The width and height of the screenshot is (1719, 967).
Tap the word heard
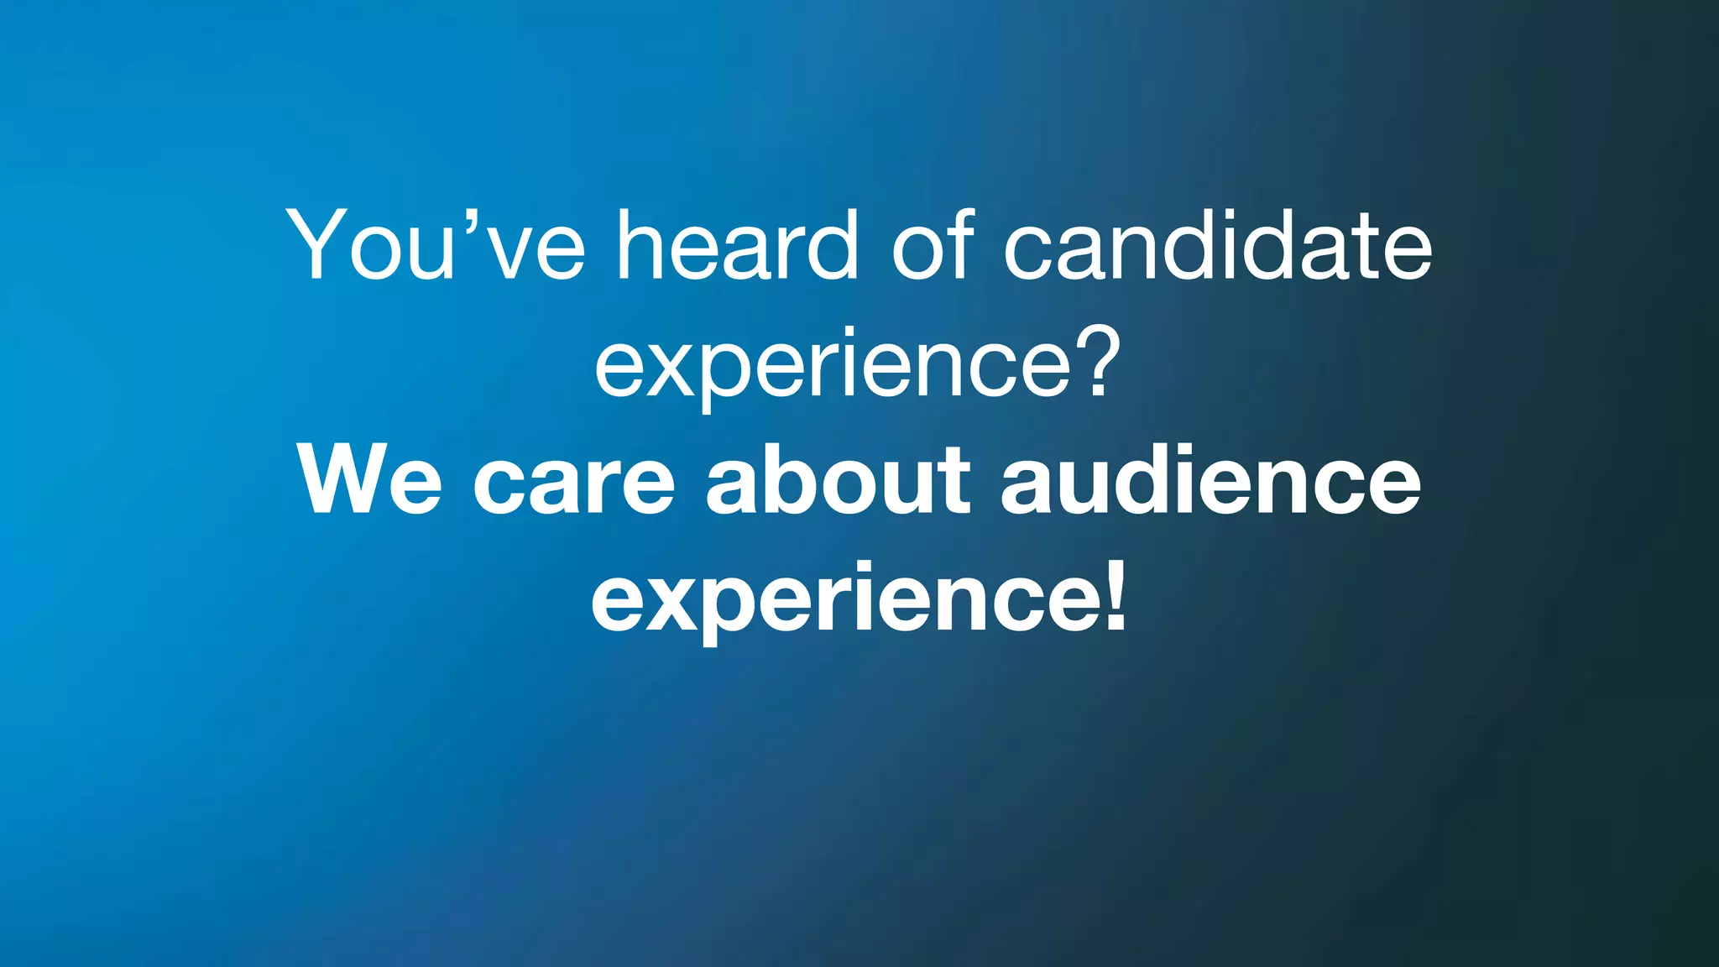[738, 245]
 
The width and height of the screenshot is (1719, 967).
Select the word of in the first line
[933, 245]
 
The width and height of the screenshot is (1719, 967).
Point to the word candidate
[1217, 245]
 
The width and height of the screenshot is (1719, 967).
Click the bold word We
[369, 480]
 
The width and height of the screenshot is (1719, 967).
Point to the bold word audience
[1210, 480]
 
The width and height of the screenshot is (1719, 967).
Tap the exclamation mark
[1116, 594]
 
